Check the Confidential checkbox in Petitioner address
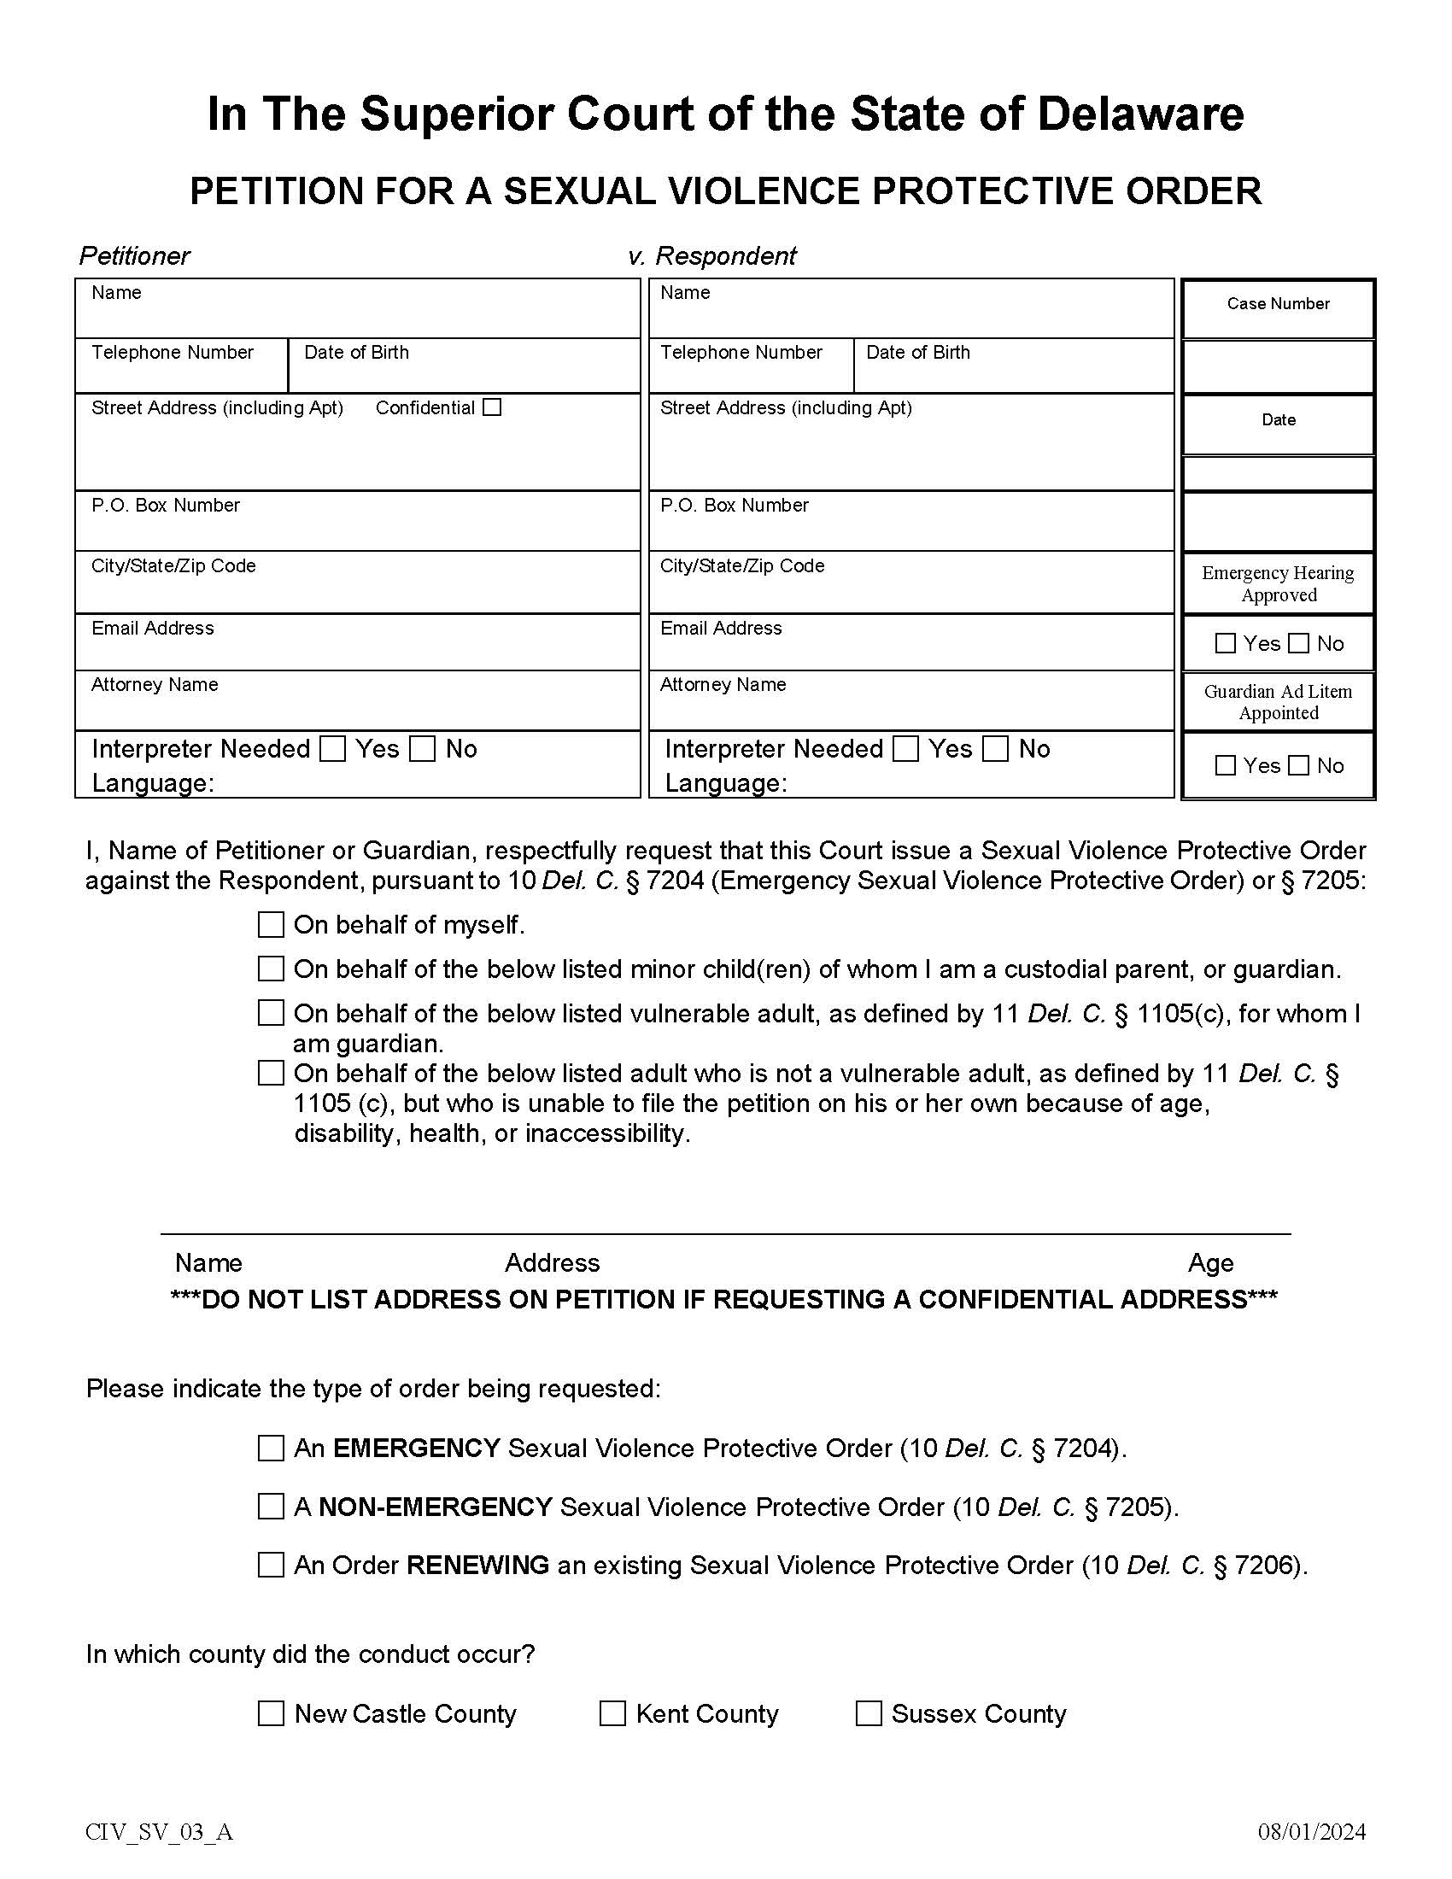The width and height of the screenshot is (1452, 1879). click(x=492, y=407)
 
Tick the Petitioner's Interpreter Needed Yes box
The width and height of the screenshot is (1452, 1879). click(x=332, y=748)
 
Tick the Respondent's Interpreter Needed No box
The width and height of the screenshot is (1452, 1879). click(x=995, y=748)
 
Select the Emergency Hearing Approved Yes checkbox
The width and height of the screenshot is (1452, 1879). click(x=1225, y=642)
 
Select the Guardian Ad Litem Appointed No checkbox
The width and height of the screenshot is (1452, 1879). click(x=1299, y=765)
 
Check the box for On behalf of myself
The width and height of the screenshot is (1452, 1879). click(x=271, y=925)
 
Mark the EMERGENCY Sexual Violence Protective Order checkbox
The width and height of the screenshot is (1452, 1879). click(x=271, y=1448)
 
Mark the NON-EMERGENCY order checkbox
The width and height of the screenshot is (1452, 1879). click(x=271, y=1507)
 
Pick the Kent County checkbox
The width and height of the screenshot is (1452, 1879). click(x=612, y=1713)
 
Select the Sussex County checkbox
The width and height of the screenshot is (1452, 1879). click(x=869, y=1713)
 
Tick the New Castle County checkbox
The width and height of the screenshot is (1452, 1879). click(x=271, y=1713)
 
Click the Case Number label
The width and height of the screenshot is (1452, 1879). click(x=1279, y=304)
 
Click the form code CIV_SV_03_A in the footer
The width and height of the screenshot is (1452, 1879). click(x=159, y=1832)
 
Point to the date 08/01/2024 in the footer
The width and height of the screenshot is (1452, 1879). click(x=1312, y=1832)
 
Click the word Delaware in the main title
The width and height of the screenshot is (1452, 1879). click(x=1139, y=114)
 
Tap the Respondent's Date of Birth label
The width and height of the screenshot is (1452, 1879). click(x=918, y=352)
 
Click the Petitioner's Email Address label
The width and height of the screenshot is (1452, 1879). click(x=152, y=628)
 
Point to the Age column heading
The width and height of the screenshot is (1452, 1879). click(x=1210, y=1263)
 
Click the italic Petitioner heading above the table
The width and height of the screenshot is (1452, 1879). click(x=134, y=255)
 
